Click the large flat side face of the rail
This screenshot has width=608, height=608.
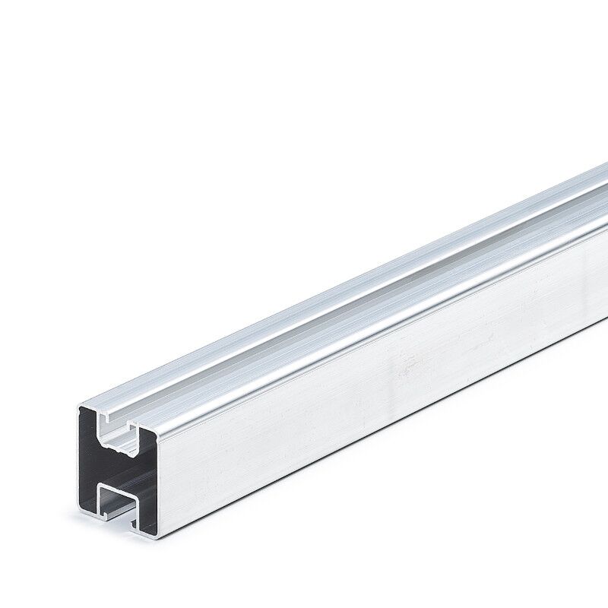pos(380,365)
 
